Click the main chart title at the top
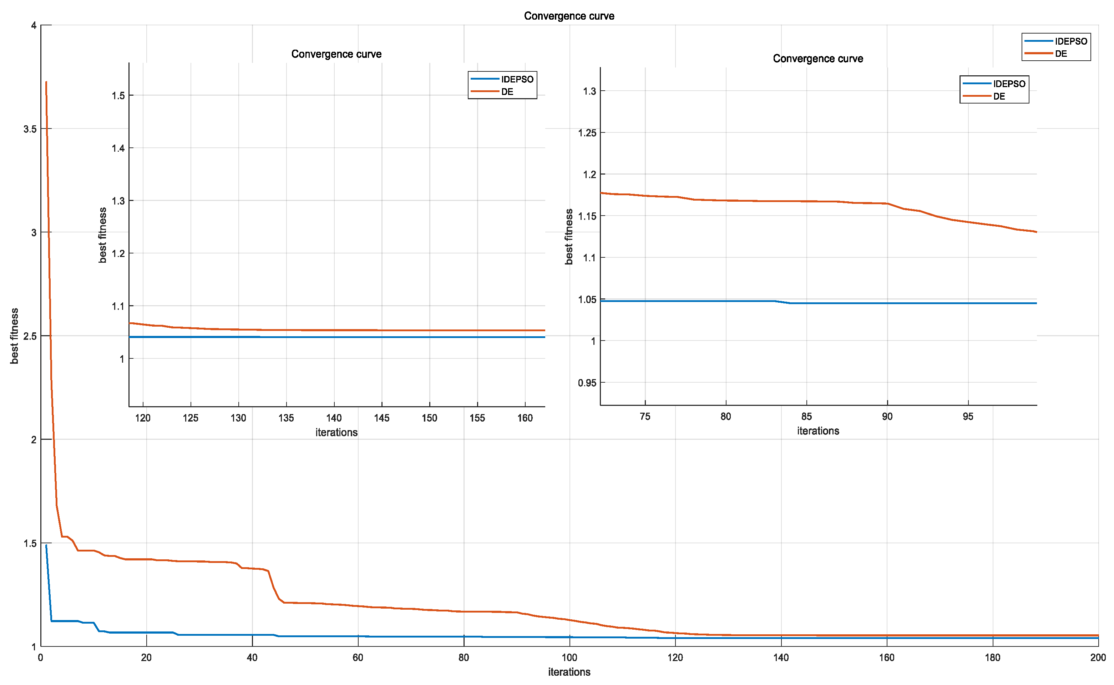click(569, 16)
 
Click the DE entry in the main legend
click(1060, 54)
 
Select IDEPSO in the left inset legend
click(517, 79)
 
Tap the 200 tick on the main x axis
click(1098, 658)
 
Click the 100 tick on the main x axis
click(569, 658)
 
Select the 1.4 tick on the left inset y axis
click(118, 148)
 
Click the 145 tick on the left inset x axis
click(381, 418)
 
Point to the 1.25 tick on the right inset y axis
click(587, 133)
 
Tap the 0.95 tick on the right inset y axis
click(587, 383)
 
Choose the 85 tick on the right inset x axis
click(806, 416)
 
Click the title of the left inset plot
click(336, 54)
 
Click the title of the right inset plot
click(817, 59)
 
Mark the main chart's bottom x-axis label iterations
click(569, 672)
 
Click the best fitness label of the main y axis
click(15, 336)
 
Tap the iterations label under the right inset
click(818, 431)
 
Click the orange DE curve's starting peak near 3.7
click(46, 83)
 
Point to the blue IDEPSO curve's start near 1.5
click(46, 546)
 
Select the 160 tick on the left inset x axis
click(525, 418)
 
